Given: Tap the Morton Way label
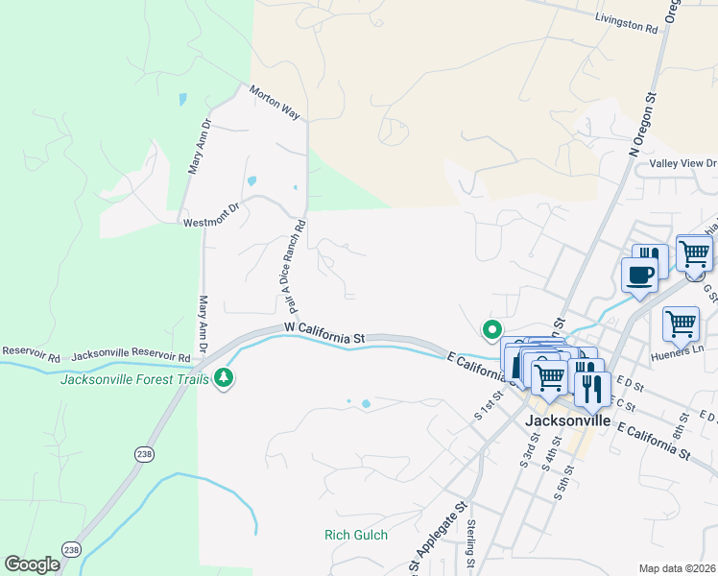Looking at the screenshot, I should (x=275, y=104).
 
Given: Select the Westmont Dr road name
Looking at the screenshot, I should (x=210, y=216).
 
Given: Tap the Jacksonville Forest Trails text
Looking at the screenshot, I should (x=135, y=378).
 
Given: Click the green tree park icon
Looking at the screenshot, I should (x=224, y=378).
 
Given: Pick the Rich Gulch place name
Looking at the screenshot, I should (x=356, y=535).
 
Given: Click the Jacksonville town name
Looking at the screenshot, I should (x=568, y=420).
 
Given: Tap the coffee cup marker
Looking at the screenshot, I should (x=640, y=276).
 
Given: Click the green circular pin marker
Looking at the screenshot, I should (x=492, y=330).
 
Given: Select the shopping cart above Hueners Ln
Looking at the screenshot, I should (x=681, y=324).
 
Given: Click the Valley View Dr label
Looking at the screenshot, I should (x=682, y=164).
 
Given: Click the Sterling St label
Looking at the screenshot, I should (x=471, y=544).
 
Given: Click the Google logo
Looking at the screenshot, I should (x=32, y=564).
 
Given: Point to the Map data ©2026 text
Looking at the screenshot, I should (x=677, y=568).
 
